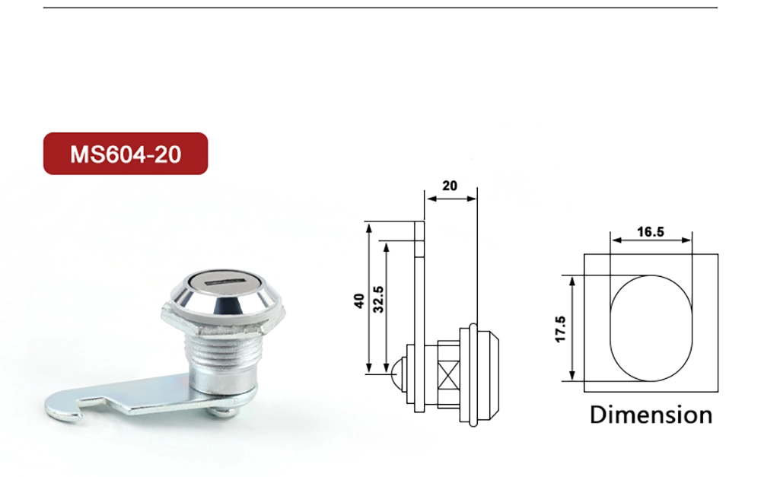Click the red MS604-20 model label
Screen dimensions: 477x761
[x=126, y=154]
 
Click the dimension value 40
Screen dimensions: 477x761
[x=358, y=301]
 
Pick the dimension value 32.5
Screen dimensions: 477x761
[x=378, y=301]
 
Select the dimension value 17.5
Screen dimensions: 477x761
[x=560, y=329]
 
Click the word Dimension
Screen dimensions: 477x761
[x=651, y=415]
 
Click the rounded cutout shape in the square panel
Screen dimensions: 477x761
[x=651, y=327]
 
